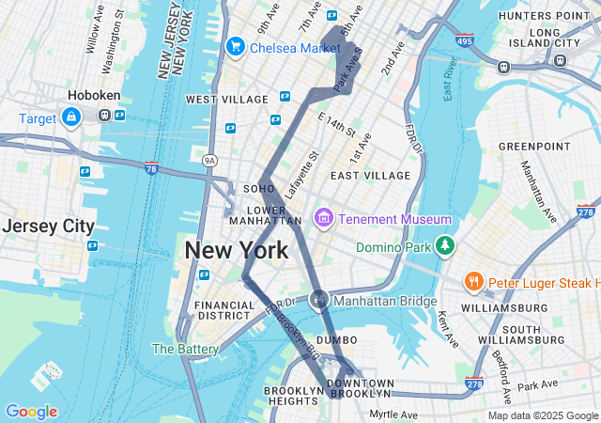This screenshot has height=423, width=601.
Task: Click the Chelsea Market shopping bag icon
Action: (x=235, y=46)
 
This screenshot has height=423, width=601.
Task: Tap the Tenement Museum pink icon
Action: (x=325, y=219)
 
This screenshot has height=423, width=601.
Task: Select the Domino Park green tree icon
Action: (x=444, y=247)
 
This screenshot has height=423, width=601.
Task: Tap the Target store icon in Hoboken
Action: (x=70, y=116)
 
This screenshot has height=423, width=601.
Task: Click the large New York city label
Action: (x=237, y=251)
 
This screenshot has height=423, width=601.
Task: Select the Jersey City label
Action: (x=48, y=227)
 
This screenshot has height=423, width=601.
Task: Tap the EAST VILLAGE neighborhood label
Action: (x=370, y=176)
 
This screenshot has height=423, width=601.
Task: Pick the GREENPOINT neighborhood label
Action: (x=534, y=147)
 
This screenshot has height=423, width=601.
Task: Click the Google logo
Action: (x=31, y=412)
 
